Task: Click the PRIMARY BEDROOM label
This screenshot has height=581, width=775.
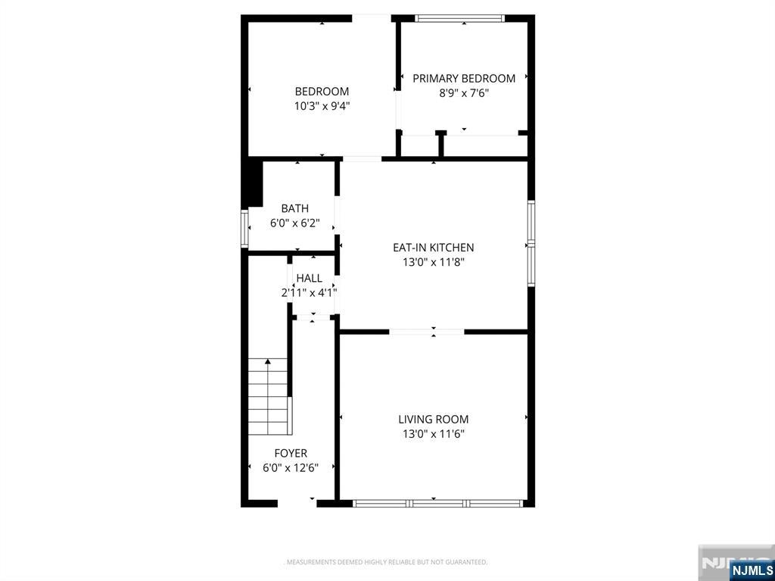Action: [464, 78]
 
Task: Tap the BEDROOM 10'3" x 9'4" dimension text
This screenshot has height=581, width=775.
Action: [322, 106]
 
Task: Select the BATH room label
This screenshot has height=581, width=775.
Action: [295, 208]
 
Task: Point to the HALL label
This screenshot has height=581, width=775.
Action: [310, 278]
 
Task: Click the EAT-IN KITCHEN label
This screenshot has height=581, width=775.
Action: [434, 248]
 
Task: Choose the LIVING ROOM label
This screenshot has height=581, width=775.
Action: [434, 420]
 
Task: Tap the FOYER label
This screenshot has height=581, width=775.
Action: [291, 453]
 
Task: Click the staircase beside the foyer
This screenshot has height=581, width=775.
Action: [267, 396]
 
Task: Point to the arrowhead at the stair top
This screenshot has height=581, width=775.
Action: [267, 361]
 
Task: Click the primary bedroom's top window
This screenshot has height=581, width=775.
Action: [459, 18]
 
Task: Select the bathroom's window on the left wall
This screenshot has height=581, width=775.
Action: [244, 228]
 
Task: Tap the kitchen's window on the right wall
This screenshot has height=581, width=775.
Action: [531, 243]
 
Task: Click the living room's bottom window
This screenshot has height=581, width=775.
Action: [438, 504]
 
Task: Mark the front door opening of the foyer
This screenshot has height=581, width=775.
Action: [297, 504]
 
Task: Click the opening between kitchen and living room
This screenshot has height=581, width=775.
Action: [427, 332]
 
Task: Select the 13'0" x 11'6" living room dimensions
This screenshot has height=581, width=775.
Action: [434, 435]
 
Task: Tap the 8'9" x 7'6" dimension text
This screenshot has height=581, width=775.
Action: [464, 93]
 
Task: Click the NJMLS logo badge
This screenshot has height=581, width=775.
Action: [751, 570]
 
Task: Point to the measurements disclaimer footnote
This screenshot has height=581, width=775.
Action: [387, 562]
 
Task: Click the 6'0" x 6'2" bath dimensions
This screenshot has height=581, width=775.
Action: [295, 223]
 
